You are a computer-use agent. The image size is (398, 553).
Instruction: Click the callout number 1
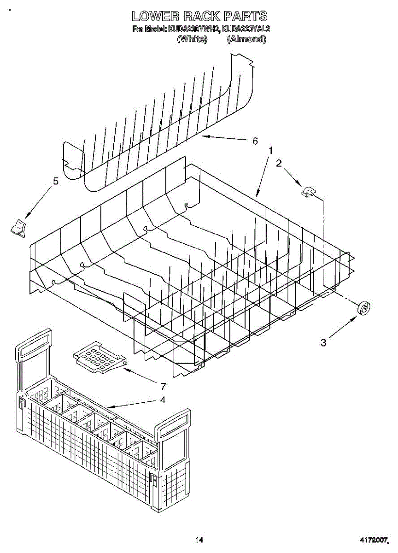click(x=271, y=151)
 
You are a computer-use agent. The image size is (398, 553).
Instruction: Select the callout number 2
click(x=279, y=163)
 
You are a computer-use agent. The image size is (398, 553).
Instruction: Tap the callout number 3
click(x=323, y=342)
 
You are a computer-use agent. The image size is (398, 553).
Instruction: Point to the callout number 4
click(x=162, y=400)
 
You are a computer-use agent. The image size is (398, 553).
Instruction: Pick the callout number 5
click(x=56, y=181)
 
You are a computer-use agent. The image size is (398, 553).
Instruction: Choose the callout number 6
click(x=255, y=141)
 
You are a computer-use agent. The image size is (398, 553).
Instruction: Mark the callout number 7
click(x=163, y=386)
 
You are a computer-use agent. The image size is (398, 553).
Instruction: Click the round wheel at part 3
click(x=364, y=307)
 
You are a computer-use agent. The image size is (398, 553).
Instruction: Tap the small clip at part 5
click(x=18, y=228)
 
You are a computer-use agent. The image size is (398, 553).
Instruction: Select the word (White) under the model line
click(x=192, y=40)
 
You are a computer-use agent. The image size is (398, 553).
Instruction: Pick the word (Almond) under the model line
click(x=246, y=40)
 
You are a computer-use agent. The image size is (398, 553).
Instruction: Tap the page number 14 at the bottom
click(x=199, y=540)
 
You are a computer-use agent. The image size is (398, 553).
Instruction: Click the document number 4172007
click(x=374, y=540)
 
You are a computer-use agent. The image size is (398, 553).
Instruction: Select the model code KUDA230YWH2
click(x=194, y=29)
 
